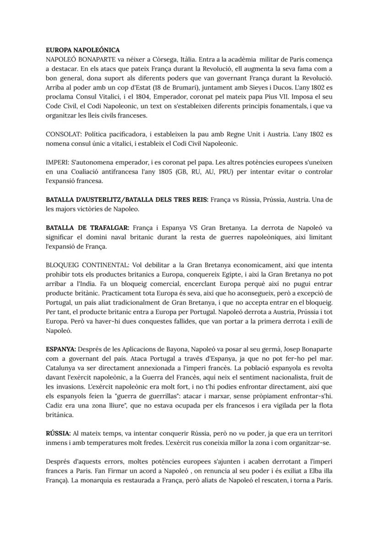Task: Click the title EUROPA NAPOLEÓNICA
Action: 83,50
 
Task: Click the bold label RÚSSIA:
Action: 58,433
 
